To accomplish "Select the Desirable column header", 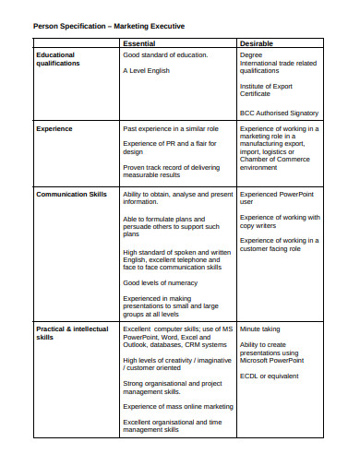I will (x=256, y=43).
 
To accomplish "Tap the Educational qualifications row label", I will (x=56, y=59).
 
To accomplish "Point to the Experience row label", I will (x=54, y=129).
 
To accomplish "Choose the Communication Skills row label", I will (x=71, y=195).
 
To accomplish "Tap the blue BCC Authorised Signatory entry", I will (x=279, y=114).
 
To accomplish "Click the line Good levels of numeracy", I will (x=161, y=282).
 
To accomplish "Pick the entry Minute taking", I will (x=261, y=329).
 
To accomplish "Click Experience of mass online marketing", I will (x=177, y=406).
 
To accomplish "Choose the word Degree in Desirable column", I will (x=250, y=54).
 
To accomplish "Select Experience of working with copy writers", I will (x=280, y=221).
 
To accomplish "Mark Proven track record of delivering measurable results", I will (x=170, y=171).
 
